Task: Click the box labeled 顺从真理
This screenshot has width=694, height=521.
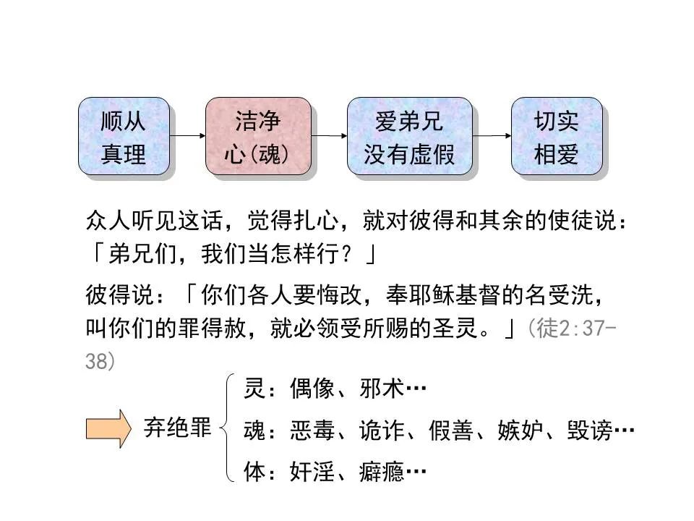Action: click(x=124, y=137)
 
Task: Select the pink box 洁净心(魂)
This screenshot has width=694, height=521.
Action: click(x=258, y=137)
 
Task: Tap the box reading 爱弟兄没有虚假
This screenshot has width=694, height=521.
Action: click(x=409, y=137)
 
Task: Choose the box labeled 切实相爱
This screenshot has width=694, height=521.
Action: click(x=556, y=137)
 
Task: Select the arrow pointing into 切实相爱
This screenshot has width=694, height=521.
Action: click(x=492, y=135)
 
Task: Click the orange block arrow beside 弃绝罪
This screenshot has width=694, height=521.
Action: click(x=108, y=428)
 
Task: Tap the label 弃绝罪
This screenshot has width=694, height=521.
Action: click(x=177, y=428)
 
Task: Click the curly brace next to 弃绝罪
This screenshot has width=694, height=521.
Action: click(x=230, y=428)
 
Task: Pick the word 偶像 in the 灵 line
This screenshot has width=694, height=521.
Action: click(x=312, y=390)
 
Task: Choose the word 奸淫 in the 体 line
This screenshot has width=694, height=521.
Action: click(x=312, y=473)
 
